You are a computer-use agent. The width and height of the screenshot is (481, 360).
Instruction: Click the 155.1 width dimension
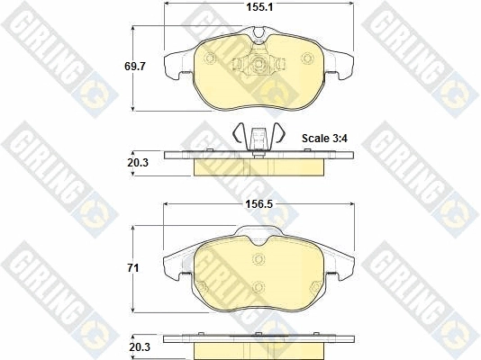(x=259, y=7)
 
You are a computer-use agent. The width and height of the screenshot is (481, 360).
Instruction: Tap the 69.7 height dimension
(x=135, y=67)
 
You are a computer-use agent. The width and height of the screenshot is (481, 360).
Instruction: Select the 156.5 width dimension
(x=259, y=204)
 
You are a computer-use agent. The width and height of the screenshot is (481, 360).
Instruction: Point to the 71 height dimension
(x=132, y=268)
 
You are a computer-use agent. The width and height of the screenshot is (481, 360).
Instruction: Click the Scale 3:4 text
(x=324, y=139)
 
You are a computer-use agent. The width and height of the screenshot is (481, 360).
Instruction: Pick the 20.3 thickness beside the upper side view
(x=138, y=163)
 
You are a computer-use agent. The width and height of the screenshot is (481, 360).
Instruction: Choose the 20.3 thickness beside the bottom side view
(x=140, y=347)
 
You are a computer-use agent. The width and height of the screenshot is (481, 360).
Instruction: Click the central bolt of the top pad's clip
(x=257, y=64)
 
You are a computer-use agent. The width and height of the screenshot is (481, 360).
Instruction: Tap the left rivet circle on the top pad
(x=210, y=58)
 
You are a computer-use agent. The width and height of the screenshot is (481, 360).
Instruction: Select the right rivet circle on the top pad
(x=307, y=58)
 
